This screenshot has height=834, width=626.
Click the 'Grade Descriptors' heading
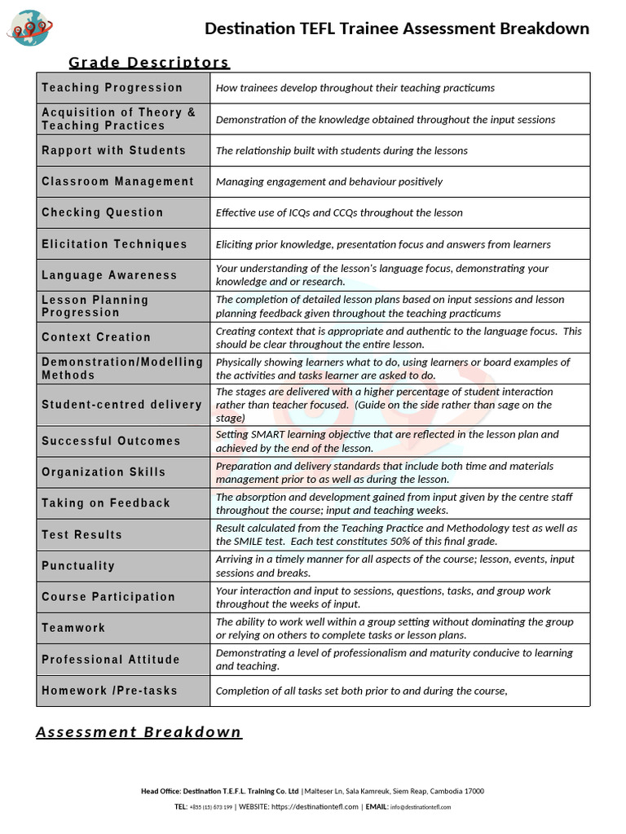(148, 63)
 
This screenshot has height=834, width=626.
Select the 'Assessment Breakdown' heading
(139, 731)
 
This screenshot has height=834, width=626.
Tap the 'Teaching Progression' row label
(112, 88)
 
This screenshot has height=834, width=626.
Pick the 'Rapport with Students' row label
(114, 151)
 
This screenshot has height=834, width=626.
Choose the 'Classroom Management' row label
(118, 182)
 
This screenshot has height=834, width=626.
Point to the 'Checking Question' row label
(103, 213)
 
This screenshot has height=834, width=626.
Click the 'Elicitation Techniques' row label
(114, 244)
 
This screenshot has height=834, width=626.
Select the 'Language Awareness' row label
(109, 275)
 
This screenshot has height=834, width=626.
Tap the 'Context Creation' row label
(96, 337)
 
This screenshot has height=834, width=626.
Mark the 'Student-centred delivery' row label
(121, 405)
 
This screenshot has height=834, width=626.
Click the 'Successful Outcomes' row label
(111, 441)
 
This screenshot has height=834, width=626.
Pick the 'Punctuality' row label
(78, 566)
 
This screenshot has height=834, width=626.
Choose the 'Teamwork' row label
(73, 628)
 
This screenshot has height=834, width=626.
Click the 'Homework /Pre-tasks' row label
(109, 691)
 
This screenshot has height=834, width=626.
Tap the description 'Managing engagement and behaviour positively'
(329, 182)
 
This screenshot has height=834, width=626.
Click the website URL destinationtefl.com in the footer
(315, 807)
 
